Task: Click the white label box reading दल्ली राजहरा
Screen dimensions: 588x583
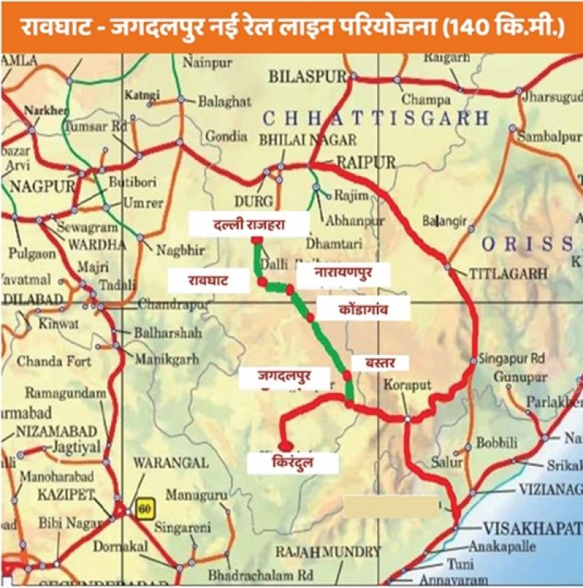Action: pos(250,225)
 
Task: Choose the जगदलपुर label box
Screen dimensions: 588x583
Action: pos(287,378)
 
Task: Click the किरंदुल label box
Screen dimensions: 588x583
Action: pos(292,464)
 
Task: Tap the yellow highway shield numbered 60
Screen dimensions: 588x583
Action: pos(142,510)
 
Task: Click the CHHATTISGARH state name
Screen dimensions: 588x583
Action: pos(375,118)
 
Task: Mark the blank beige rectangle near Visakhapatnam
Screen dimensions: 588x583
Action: pos(392,507)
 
